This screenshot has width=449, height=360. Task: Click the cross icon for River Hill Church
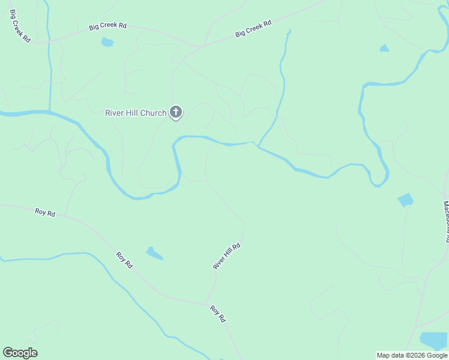176,112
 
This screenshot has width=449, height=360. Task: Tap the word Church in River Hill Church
154,113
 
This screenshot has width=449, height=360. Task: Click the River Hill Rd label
227,256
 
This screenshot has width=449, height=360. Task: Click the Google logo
20,353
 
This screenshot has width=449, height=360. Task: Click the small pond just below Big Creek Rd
107,42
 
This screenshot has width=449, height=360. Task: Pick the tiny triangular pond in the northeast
384,48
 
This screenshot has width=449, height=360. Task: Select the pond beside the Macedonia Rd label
406,200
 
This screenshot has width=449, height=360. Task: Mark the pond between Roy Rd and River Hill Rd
154,253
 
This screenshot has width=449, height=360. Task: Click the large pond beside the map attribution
433,340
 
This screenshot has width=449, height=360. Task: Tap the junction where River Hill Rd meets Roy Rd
206,303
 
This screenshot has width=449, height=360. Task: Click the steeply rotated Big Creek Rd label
19,26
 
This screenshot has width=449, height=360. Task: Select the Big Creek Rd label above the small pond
108,26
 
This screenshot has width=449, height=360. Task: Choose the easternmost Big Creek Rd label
253,29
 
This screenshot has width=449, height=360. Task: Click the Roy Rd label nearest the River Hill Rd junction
217,313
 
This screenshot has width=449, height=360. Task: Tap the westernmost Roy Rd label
45,212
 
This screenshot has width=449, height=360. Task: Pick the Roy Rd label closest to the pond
125,260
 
